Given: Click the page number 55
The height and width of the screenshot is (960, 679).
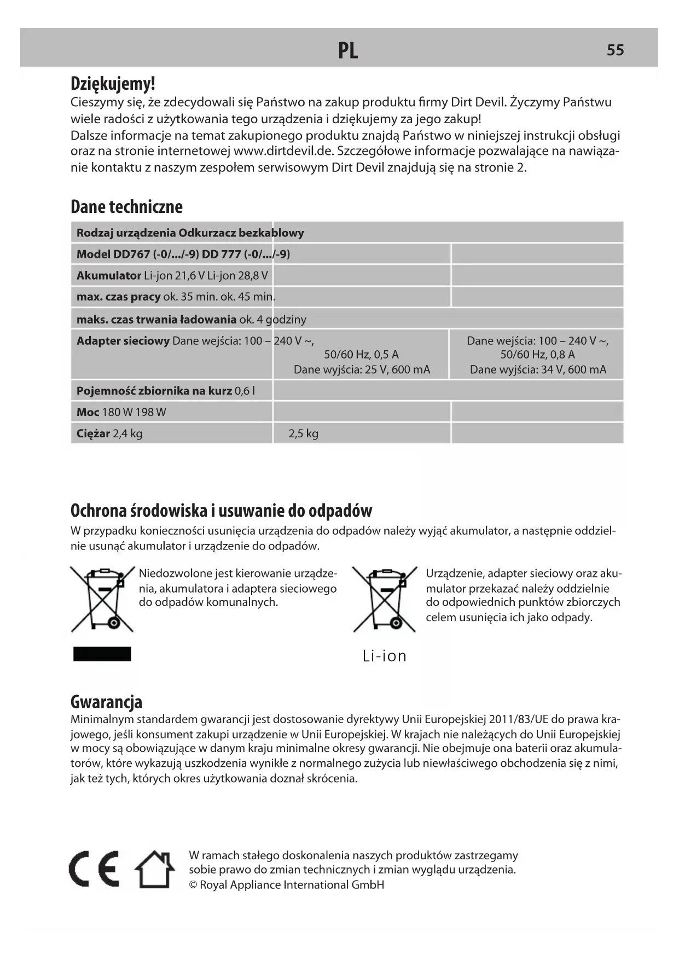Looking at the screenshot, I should tap(615, 50).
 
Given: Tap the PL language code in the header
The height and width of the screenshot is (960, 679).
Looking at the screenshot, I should tap(348, 50).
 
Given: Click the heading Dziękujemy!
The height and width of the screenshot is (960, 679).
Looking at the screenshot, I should tap(113, 84).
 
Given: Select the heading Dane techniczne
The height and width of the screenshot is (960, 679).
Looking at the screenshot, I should tap(126, 206).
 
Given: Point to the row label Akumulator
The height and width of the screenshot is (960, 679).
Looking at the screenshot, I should tap(108, 275).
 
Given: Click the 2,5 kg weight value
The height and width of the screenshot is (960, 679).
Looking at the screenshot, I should tap(303, 433).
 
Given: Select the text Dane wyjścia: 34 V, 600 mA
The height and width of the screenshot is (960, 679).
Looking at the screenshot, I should tap(538, 369).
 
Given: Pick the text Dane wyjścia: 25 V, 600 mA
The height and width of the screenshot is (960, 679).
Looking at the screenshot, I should tap(362, 369).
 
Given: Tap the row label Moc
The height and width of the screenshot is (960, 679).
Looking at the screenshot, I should tap(88, 412).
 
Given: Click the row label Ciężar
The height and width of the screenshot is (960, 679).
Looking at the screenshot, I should tap(93, 433).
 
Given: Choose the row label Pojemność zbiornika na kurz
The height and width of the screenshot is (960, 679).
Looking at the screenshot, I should tap(154, 391).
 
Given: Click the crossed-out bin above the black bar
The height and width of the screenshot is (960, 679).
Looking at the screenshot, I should tap(102, 599).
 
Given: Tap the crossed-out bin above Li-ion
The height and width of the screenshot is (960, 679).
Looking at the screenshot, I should tap(385, 599).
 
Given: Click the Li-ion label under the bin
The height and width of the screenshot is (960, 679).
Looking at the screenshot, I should tap(385, 656).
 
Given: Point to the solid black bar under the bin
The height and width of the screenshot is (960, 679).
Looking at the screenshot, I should tap(102, 654).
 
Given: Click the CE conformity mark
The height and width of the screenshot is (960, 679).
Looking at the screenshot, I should tap(94, 869).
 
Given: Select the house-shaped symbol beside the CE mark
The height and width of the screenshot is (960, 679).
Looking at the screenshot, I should tap(155, 869).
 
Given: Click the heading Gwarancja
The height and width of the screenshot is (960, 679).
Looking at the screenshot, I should tap(106, 702).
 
